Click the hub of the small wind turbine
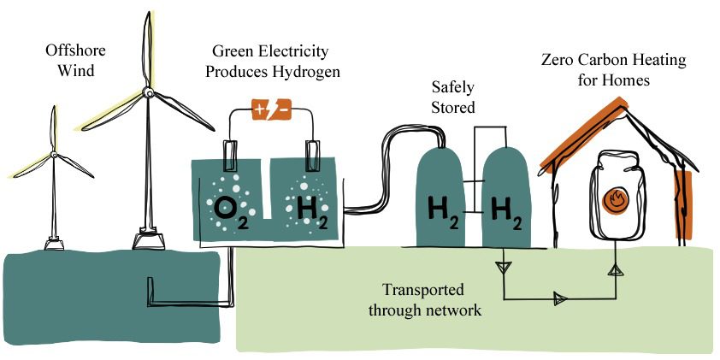(x=54, y=155)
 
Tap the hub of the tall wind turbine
(x=147, y=92)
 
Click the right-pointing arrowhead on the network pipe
(x=560, y=298)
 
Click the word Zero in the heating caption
(x=558, y=61)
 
